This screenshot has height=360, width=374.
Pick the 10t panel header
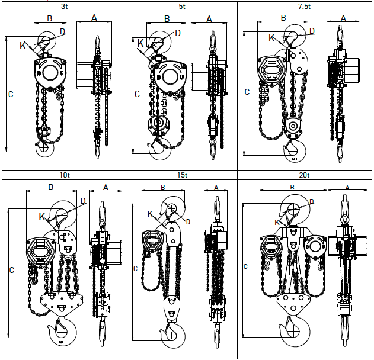point(64,175)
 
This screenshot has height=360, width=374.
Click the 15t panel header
point(183,175)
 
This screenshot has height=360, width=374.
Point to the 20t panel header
point(305,175)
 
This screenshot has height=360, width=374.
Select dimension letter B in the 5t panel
point(167,19)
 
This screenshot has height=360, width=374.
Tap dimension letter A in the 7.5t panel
point(343,18)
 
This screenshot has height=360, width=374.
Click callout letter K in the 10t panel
point(41,217)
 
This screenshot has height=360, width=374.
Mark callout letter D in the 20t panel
point(312,202)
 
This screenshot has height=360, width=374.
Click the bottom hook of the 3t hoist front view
point(43,149)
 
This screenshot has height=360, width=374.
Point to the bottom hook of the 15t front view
point(171,333)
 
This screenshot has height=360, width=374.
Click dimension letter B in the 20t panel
point(292,187)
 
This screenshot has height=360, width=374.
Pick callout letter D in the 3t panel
point(63,31)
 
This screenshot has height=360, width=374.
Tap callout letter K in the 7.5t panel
point(271,38)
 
